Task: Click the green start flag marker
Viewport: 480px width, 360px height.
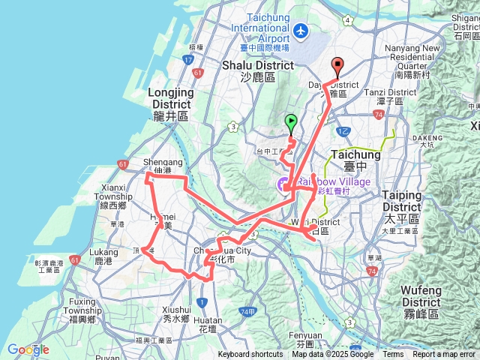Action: (291, 122)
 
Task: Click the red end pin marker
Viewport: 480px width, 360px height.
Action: (337, 66)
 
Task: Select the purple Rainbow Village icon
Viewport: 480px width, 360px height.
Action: (283, 184)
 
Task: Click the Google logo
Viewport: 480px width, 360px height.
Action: (28, 349)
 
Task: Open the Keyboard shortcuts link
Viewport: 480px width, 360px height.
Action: (251, 355)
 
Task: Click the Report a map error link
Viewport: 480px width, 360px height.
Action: (445, 355)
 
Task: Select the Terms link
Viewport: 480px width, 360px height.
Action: (393, 355)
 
